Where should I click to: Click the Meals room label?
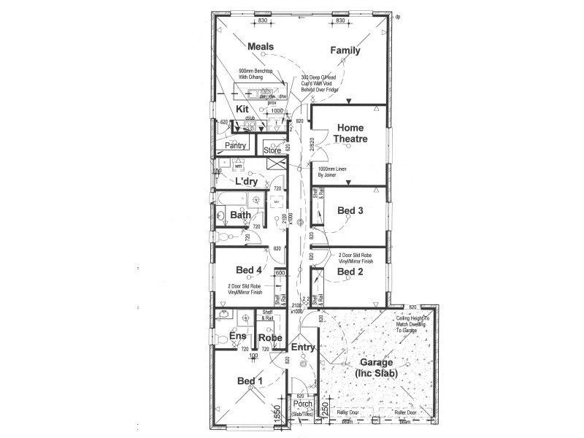[x=261, y=47]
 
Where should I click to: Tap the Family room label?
[x=345, y=50]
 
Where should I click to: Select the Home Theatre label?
[x=350, y=133]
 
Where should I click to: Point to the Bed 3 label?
[x=350, y=211]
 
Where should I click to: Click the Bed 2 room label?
[x=350, y=272]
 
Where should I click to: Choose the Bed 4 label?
[x=249, y=270]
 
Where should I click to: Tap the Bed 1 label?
[x=249, y=381]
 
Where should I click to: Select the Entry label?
[x=303, y=348]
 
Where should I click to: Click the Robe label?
[x=270, y=338]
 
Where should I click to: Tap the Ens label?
[x=237, y=337]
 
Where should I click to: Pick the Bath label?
[x=241, y=215]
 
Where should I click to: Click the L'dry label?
[x=246, y=180]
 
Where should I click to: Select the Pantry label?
[x=235, y=146]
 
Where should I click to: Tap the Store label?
[x=272, y=150]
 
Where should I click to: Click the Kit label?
[x=242, y=109]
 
